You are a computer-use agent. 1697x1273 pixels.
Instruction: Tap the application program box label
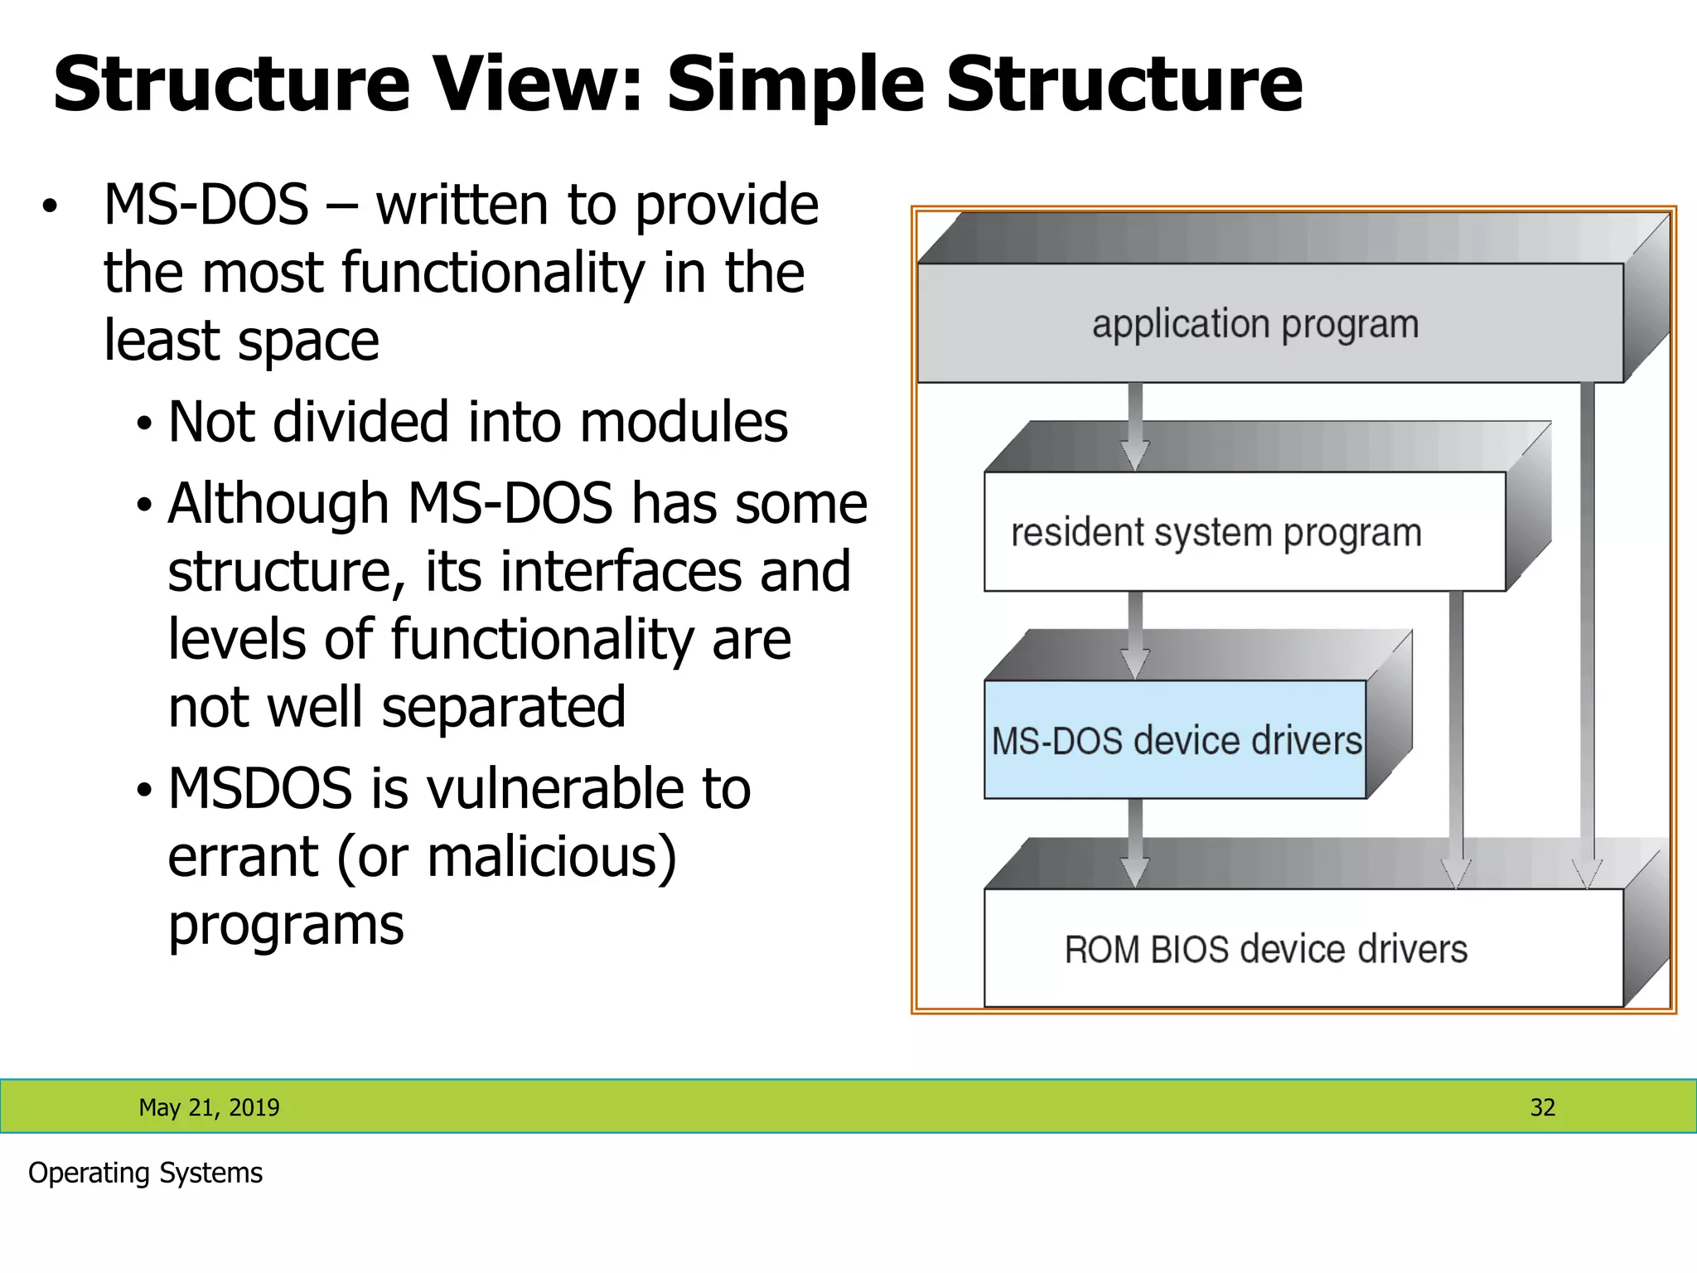[x=1255, y=324]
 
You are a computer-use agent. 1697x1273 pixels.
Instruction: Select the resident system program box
[x=1243, y=531]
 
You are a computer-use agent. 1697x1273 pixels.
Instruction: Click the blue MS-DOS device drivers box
[x=1175, y=740]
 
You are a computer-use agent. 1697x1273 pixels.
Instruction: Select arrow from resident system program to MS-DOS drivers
[x=1135, y=635]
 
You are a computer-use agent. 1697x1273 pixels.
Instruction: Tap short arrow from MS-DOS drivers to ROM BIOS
[x=1135, y=843]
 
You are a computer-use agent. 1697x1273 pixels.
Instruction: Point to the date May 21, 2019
[x=209, y=1107]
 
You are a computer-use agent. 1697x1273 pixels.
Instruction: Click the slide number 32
[x=1542, y=1107]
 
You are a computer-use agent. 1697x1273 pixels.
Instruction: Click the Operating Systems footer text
[x=145, y=1173]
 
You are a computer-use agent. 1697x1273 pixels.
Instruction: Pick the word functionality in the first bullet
[x=492, y=273]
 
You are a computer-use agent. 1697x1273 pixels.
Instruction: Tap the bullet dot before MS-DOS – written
[x=51, y=206]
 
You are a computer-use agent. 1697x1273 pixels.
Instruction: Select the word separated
[x=503, y=707]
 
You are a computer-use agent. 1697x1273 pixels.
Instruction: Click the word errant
[x=243, y=856]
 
